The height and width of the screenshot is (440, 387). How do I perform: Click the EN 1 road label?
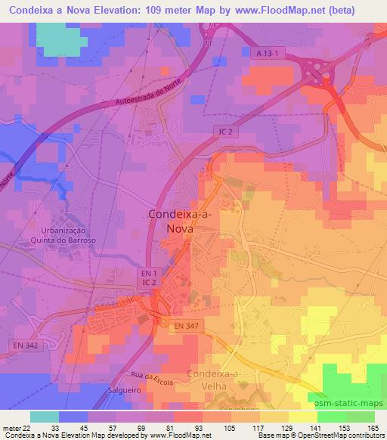(149, 271)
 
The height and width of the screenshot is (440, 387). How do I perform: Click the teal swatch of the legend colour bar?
(45, 416)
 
